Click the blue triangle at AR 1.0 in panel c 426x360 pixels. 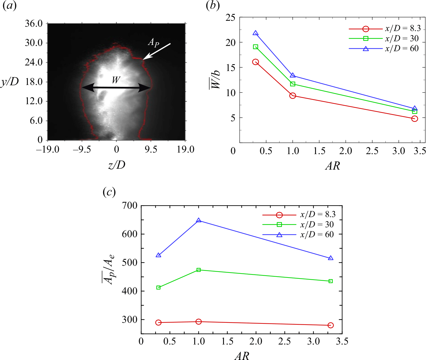199,220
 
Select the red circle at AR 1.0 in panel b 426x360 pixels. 292,96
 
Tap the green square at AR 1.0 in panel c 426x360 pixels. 199,270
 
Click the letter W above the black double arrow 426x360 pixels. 116,80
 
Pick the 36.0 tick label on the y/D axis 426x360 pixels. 34,24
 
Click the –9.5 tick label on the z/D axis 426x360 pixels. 82,150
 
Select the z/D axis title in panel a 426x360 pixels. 116,165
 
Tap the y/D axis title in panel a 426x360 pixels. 10,82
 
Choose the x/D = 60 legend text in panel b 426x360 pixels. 402,49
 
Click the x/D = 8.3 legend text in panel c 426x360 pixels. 318,215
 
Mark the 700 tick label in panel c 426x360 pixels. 130,206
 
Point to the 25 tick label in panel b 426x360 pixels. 230,18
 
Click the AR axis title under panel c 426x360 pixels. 242,356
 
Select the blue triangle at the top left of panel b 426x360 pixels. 255,33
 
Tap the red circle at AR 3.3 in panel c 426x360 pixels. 331,325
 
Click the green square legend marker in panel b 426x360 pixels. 366,38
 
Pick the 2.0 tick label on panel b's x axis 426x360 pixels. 345,151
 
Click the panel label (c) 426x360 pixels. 109,193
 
